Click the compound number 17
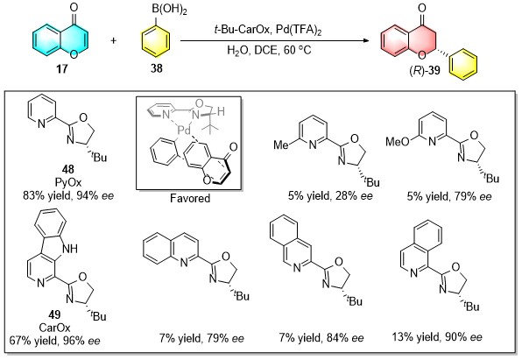pyautogui.click(x=62, y=68)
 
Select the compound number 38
pyautogui.click(x=156, y=68)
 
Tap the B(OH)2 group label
pyautogui.click(x=169, y=10)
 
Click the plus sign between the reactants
pyautogui.click(x=114, y=41)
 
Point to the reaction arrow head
pyautogui.click(x=366, y=41)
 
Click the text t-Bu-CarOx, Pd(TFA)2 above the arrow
pyautogui.click(x=268, y=31)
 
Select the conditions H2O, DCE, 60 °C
pyautogui.click(x=269, y=50)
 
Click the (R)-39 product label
pyautogui.click(x=425, y=70)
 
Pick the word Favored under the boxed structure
pyautogui.click(x=190, y=199)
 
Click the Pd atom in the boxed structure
pyautogui.click(x=184, y=131)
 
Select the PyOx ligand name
pyautogui.click(x=68, y=182)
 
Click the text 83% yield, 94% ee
pyautogui.click(x=68, y=195)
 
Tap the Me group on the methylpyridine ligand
pyautogui.click(x=281, y=145)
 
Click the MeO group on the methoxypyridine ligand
pyautogui.click(x=397, y=142)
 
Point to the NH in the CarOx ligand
pyautogui.click(x=71, y=248)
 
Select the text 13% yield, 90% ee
pyautogui.click(x=437, y=337)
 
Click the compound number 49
pyautogui.click(x=54, y=314)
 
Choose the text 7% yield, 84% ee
pyautogui.click(x=321, y=338)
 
